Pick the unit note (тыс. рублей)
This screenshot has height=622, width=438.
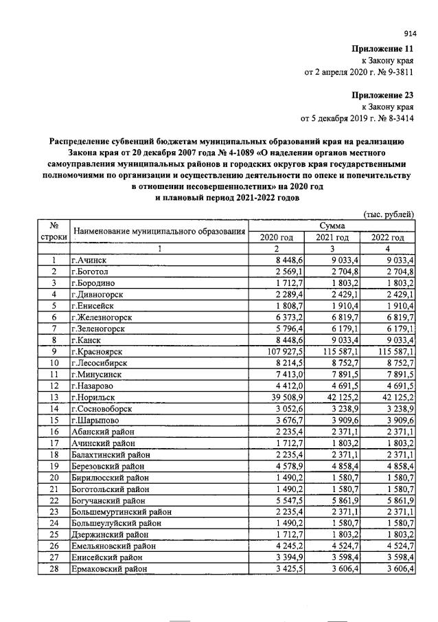389,215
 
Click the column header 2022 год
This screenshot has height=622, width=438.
388,237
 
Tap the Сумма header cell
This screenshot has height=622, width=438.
332,226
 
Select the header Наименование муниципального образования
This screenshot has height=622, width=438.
159,232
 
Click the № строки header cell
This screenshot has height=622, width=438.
53,232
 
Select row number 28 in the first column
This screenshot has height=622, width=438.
53,570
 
